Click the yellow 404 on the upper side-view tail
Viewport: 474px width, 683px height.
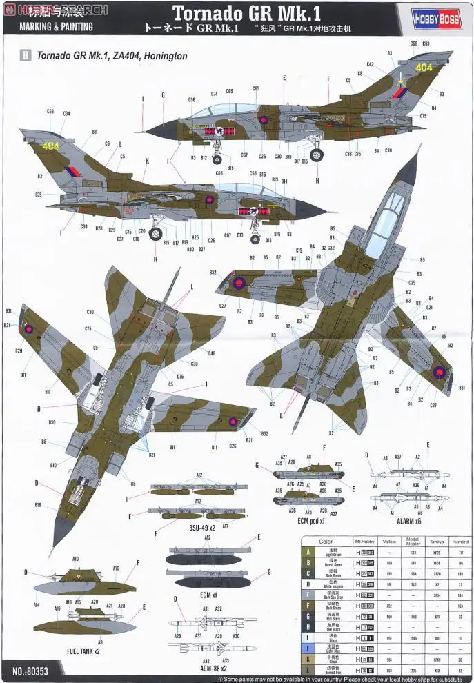coord(424,68)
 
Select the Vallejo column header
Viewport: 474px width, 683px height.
coord(390,542)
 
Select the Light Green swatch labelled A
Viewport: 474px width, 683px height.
coord(306,553)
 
